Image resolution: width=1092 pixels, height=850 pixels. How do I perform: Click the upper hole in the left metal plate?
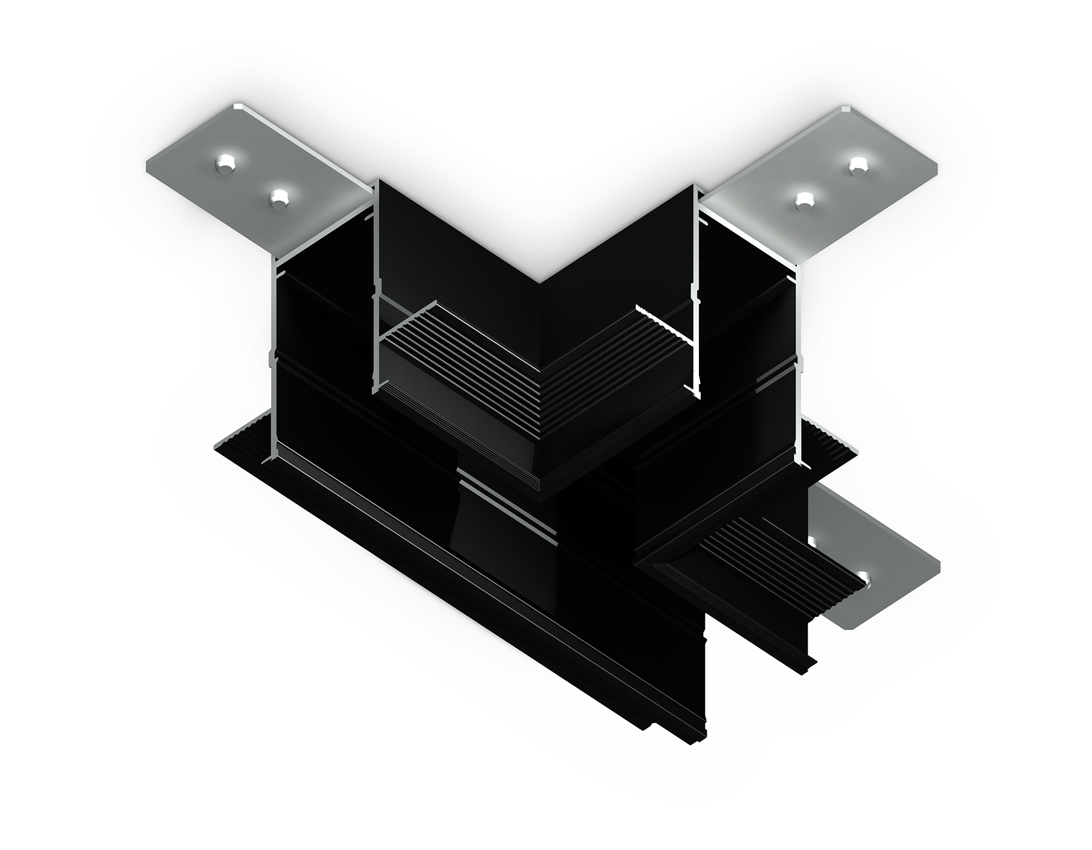[226, 164]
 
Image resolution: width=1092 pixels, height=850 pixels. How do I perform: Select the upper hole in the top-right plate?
[858, 165]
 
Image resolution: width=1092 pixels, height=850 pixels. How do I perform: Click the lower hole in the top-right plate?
[805, 200]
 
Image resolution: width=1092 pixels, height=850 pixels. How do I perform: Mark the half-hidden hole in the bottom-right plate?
[813, 541]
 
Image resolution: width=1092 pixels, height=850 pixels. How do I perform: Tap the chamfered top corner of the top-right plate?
[845, 109]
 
